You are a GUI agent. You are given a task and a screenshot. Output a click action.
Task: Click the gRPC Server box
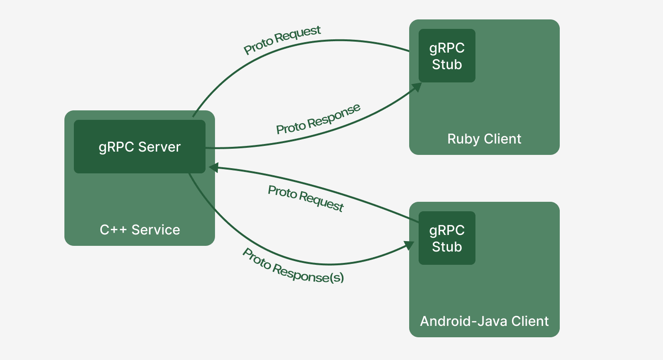click(x=139, y=146)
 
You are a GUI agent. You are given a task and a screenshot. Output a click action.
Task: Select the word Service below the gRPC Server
click(x=156, y=230)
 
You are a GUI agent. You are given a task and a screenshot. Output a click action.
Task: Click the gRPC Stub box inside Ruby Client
click(x=447, y=55)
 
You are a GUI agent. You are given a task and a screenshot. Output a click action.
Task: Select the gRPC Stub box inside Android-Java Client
click(x=447, y=238)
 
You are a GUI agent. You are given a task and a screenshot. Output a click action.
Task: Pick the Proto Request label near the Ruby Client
click(x=282, y=40)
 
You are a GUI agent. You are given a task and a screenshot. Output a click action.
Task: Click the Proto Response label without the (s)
click(x=318, y=119)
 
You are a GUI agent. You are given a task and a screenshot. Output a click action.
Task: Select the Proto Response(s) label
click(x=293, y=266)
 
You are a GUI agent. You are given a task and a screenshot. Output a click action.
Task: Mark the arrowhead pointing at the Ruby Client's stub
click(x=416, y=87)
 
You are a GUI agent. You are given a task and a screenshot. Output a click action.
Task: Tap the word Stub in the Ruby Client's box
click(x=447, y=64)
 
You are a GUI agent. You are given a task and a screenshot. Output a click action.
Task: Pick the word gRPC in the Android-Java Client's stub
click(x=447, y=231)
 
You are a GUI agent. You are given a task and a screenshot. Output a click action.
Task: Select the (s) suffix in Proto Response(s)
click(x=337, y=278)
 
